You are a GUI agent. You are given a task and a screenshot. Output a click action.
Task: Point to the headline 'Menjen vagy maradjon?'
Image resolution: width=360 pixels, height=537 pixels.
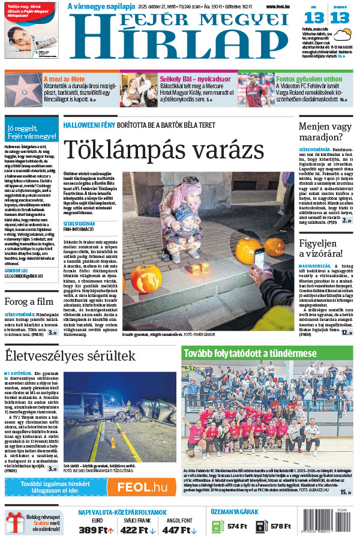(326, 133)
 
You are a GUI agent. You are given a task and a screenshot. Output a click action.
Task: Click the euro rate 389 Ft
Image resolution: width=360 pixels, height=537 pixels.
(96, 530)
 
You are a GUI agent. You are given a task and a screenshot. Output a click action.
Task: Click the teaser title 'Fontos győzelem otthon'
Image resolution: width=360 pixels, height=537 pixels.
(308, 79)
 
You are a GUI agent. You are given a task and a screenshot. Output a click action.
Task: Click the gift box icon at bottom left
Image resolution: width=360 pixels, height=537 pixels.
(14, 522)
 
